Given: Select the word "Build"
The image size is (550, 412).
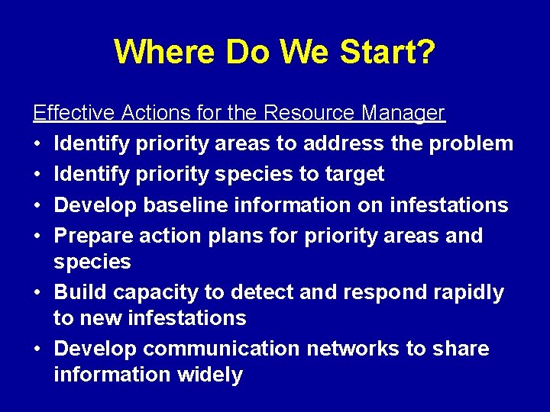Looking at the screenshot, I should coord(79,292).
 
